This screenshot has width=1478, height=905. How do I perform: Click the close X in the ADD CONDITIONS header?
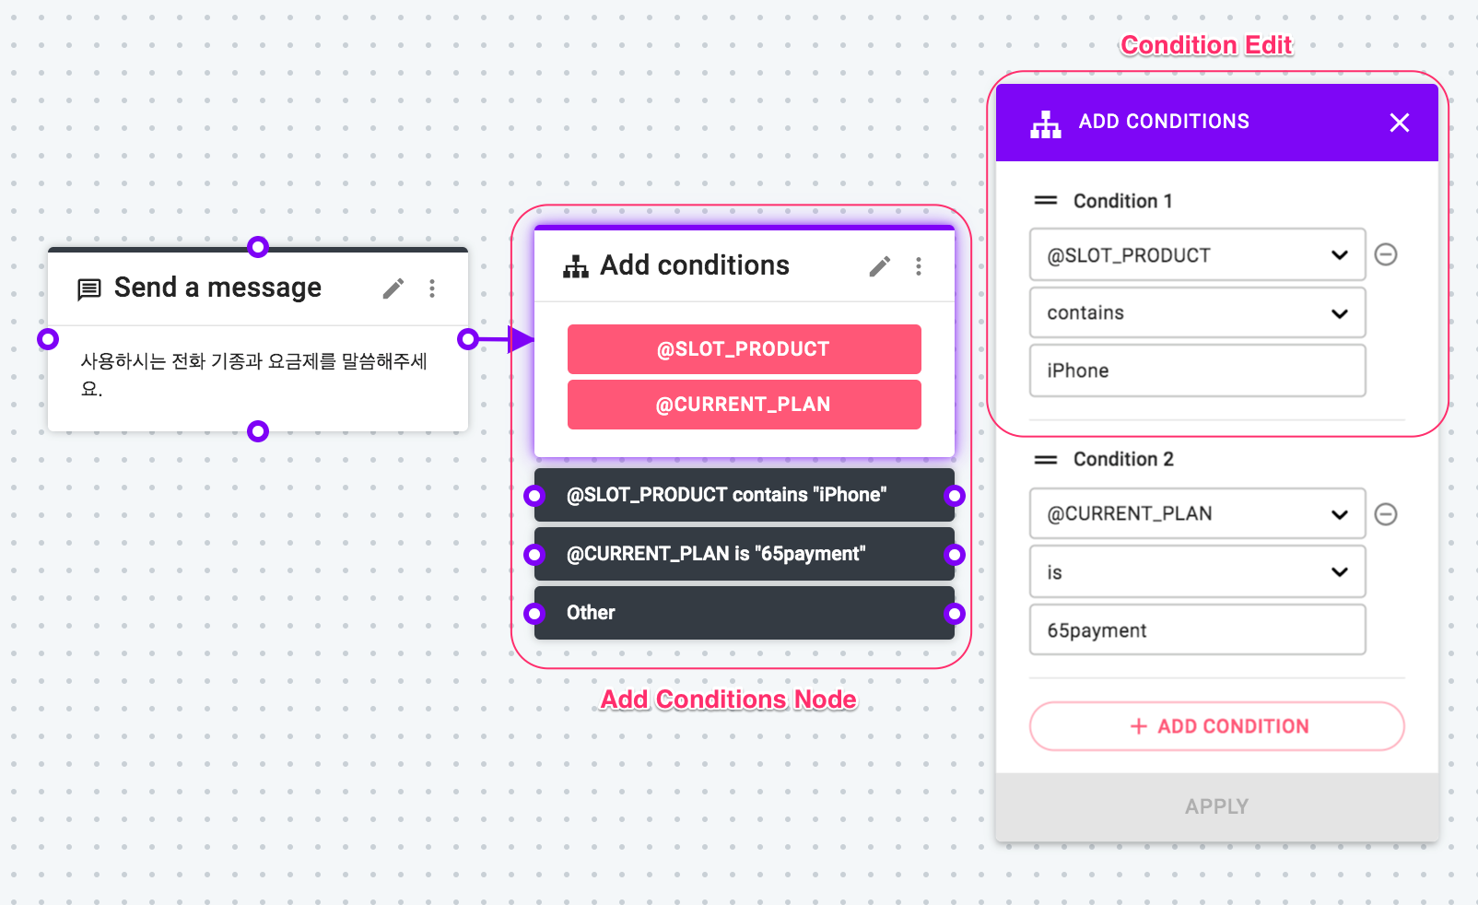(x=1399, y=123)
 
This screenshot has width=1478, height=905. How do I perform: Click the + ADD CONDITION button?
(x=1216, y=726)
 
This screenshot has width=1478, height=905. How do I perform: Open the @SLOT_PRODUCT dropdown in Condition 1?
(x=1197, y=254)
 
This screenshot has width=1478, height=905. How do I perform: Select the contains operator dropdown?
(x=1197, y=313)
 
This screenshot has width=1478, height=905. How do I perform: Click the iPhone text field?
(x=1197, y=370)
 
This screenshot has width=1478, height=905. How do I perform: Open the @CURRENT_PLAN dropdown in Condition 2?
(x=1197, y=513)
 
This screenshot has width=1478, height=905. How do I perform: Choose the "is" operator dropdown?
(x=1197, y=571)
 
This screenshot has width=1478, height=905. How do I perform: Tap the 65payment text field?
(x=1197, y=629)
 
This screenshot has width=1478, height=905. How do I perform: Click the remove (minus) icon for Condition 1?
(x=1386, y=254)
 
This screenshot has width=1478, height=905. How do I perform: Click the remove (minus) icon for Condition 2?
(x=1386, y=513)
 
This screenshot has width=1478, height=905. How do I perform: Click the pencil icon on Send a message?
(x=393, y=288)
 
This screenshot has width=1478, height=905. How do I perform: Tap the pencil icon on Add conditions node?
(x=880, y=266)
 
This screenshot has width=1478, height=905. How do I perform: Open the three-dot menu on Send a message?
(x=432, y=288)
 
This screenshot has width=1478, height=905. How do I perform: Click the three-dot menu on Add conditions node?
(x=919, y=266)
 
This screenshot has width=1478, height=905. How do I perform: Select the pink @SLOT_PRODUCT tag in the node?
(x=744, y=348)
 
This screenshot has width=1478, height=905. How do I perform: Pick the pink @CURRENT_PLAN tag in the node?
(x=744, y=404)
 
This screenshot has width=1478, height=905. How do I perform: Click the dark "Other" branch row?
(x=744, y=613)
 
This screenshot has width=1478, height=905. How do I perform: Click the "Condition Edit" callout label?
(x=1206, y=45)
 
